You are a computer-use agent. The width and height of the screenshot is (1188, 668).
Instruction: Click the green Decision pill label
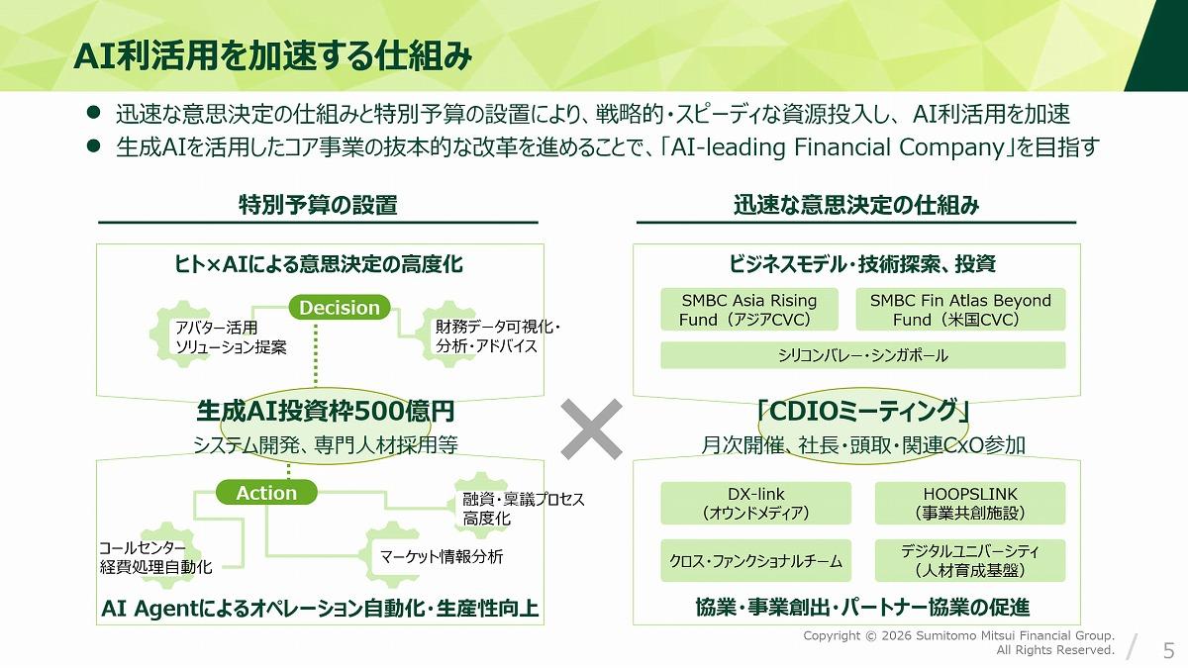pos(340,308)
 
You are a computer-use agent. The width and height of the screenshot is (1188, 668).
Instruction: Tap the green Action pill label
pos(266,493)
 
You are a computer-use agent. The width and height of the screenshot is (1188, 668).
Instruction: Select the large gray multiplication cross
pos(591,429)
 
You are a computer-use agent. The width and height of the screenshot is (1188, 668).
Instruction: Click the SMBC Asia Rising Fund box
pos(749,310)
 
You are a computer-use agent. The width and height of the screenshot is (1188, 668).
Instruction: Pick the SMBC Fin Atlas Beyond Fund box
pos(960,310)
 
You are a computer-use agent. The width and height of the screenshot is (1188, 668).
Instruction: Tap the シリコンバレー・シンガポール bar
pos(863,355)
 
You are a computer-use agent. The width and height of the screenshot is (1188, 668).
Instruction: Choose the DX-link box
pos(755,503)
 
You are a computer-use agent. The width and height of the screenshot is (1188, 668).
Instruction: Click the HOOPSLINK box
pos(970,503)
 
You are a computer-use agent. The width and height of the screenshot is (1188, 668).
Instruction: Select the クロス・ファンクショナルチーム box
pos(755,561)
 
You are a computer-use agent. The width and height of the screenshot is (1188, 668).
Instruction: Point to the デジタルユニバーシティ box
pos(970,561)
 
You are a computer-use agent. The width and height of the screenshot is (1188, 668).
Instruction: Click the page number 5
pos(1169,650)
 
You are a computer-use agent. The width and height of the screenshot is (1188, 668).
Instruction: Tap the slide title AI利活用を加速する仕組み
pos(272,55)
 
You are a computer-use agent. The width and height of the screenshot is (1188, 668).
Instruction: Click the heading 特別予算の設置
pos(318,205)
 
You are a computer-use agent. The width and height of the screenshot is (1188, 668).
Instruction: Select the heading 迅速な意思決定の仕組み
pos(856,205)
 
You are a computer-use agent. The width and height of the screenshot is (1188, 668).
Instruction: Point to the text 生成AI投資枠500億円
pos(325,411)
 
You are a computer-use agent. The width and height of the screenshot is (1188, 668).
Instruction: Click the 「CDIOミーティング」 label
pos(863,411)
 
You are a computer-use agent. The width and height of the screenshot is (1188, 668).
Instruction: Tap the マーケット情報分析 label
pos(442,556)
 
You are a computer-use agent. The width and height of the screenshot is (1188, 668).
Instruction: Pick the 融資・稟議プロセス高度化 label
pos(523,509)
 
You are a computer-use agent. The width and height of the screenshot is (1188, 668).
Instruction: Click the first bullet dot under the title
pos(93,113)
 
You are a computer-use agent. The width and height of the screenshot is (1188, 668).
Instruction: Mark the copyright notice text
pos(959,642)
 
